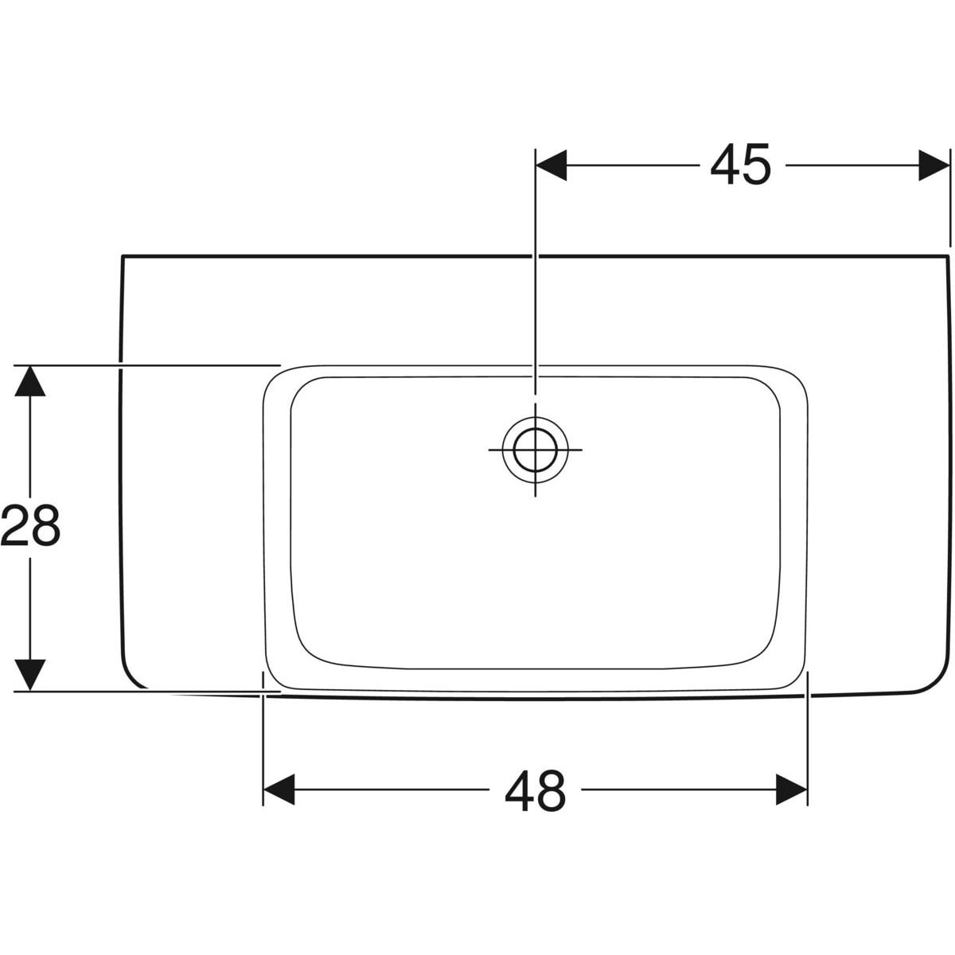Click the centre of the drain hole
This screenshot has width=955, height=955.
point(536,450)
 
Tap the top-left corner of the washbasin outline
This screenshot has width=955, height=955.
point(123,255)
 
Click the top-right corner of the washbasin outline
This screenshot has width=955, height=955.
point(949,255)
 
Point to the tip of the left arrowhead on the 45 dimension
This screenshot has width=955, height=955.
point(536,166)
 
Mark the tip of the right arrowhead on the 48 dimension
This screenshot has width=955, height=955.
point(807,789)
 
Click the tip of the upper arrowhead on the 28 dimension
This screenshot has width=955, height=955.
point(30,365)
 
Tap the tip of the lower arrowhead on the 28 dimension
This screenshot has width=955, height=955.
point(30,691)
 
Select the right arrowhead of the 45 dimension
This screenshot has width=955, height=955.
point(934,166)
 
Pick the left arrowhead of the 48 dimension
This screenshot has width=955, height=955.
point(279,789)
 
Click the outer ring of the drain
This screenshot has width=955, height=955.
point(536,450)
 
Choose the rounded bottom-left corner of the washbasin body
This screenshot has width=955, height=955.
point(133,676)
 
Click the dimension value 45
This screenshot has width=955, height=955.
point(741,165)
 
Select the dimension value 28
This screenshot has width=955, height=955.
point(30,525)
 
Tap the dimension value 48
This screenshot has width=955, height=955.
point(536,790)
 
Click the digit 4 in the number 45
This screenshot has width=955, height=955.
point(726,165)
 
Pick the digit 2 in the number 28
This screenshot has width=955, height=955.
point(15,525)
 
